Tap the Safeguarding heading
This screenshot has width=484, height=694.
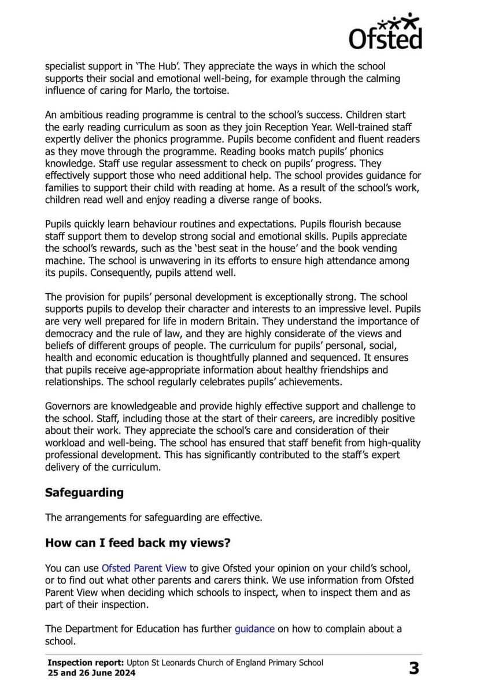84,492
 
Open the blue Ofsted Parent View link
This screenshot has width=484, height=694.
144,569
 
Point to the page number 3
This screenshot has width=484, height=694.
413,669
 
